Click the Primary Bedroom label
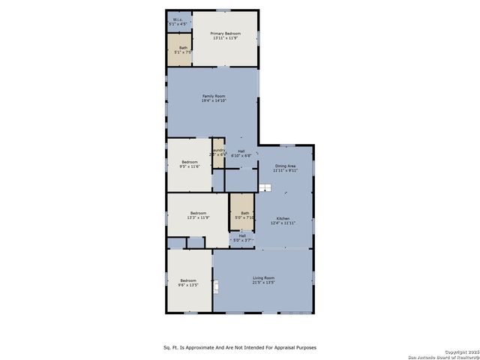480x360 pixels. [225, 34]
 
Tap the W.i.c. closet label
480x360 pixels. [177, 19]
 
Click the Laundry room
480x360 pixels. [218, 152]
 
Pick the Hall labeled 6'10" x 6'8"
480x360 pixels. [241, 154]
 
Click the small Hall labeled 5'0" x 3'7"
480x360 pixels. [242, 238]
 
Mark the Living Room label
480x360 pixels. [263, 278]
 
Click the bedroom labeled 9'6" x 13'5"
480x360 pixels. [187, 281]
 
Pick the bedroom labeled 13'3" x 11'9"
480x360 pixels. [198, 214]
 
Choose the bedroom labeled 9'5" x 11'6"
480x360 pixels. [189, 163]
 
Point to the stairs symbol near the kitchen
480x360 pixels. [264, 187]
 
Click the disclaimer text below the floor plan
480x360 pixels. [240, 347]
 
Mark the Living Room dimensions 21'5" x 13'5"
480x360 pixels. [263, 283]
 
